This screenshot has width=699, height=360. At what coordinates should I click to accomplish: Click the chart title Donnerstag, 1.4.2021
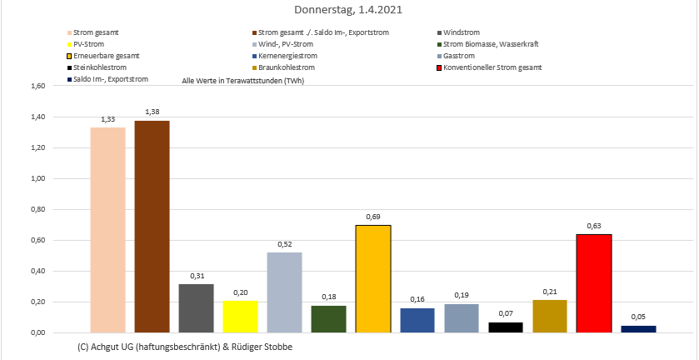[x=348, y=10]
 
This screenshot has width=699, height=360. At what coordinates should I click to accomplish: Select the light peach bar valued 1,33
[x=107, y=229]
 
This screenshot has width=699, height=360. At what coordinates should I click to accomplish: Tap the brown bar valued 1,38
[x=152, y=227]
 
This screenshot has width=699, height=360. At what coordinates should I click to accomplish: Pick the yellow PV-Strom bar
[x=240, y=317]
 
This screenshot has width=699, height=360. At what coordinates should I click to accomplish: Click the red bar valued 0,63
[x=594, y=283]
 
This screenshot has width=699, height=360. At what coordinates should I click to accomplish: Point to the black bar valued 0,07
[x=506, y=327]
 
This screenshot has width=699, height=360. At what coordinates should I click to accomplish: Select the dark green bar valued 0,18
[x=328, y=319]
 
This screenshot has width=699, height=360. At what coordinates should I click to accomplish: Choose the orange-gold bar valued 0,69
[x=373, y=279]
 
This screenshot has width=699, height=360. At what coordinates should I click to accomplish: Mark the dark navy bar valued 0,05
[x=638, y=329]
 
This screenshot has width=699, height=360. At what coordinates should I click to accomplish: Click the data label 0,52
[x=284, y=244]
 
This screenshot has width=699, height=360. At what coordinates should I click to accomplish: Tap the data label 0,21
[x=550, y=292]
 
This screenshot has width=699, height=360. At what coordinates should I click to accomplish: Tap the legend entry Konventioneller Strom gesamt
[x=492, y=67]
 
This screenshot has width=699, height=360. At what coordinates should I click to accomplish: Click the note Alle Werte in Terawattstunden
[x=236, y=81]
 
